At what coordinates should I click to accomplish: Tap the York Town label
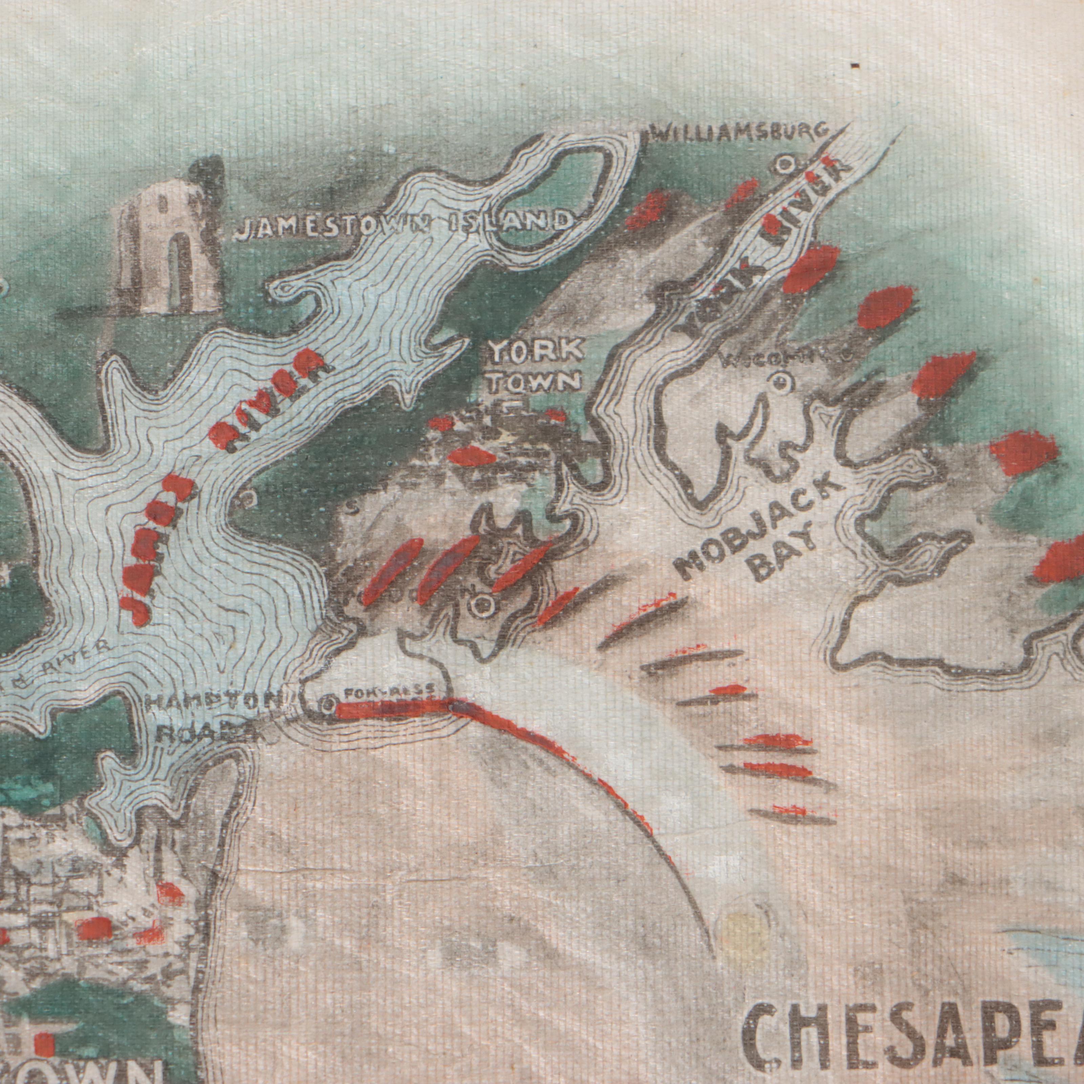535,367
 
